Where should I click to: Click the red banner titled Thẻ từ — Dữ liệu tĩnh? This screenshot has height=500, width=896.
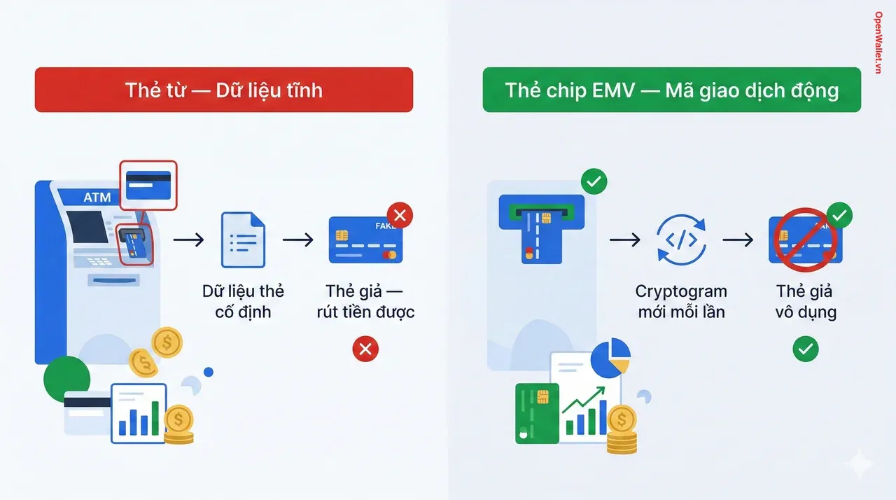tap(224, 90)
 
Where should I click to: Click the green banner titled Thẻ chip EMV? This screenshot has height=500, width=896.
tap(671, 90)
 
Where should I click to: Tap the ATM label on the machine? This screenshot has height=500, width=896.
tap(97, 197)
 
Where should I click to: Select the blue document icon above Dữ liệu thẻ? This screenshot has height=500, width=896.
tap(243, 240)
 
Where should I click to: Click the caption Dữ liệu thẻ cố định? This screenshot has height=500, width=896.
tap(243, 301)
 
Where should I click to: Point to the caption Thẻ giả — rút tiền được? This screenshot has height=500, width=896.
tap(365, 301)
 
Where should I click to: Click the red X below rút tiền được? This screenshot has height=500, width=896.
tap(365, 349)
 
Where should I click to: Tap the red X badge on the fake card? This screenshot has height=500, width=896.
tap(400, 216)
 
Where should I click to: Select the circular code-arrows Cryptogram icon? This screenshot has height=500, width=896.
tap(681, 240)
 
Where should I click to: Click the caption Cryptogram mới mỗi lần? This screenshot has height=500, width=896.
tap(681, 301)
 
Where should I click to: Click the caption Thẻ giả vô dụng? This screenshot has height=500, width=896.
tap(805, 301)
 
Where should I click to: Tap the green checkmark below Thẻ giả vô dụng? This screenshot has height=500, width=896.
tap(805, 349)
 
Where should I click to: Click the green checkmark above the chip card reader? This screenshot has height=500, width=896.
tap(594, 183)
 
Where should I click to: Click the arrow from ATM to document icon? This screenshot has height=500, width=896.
tap(188, 240)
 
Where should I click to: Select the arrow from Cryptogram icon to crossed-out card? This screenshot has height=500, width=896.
tap(738, 240)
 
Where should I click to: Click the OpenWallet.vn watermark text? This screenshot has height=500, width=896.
tap(878, 43)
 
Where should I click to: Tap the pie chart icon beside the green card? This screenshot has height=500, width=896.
tap(610, 357)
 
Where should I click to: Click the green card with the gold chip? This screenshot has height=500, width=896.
tap(537, 413)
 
